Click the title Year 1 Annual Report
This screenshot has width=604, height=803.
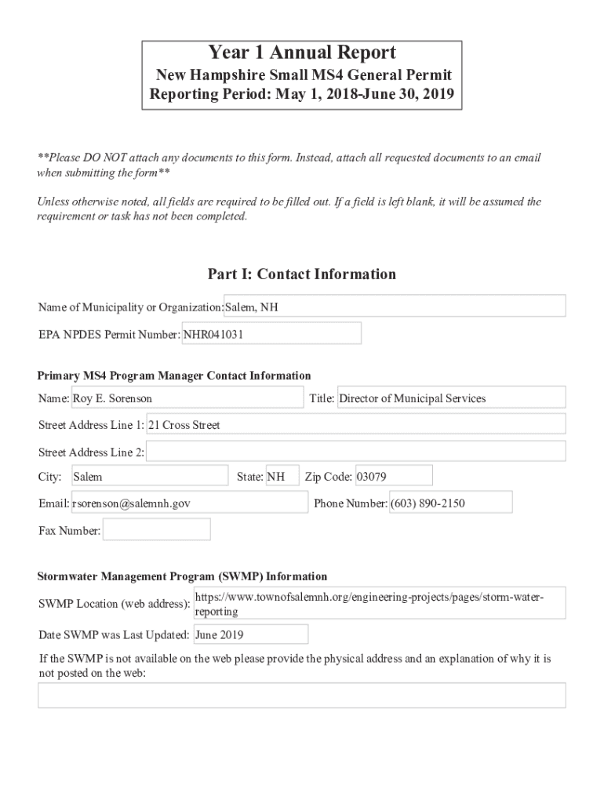tap(302, 53)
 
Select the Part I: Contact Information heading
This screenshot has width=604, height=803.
tap(302, 274)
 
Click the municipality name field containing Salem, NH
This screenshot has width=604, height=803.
tap(395, 307)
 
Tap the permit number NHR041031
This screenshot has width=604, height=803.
tap(271, 334)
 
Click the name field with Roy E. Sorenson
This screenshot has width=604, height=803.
tap(187, 398)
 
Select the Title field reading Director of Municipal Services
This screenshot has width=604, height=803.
tap(450, 398)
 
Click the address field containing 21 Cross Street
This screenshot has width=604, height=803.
tap(356, 425)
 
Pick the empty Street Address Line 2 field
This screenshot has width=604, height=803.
tap(356, 452)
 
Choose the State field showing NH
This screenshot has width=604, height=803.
tap(282, 477)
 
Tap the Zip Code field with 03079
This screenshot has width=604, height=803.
tap(393, 477)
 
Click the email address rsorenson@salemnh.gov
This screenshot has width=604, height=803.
tap(189, 503)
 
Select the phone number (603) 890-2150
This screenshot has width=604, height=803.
tap(450, 503)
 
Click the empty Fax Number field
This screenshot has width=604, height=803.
tap(157, 530)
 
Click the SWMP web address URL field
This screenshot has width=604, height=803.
tap(379, 604)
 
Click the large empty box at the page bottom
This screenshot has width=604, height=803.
tap(302, 696)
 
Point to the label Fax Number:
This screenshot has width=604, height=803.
tap(70, 531)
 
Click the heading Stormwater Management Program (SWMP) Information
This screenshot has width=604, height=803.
tap(183, 576)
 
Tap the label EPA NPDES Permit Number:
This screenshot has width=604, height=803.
tap(110, 335)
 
